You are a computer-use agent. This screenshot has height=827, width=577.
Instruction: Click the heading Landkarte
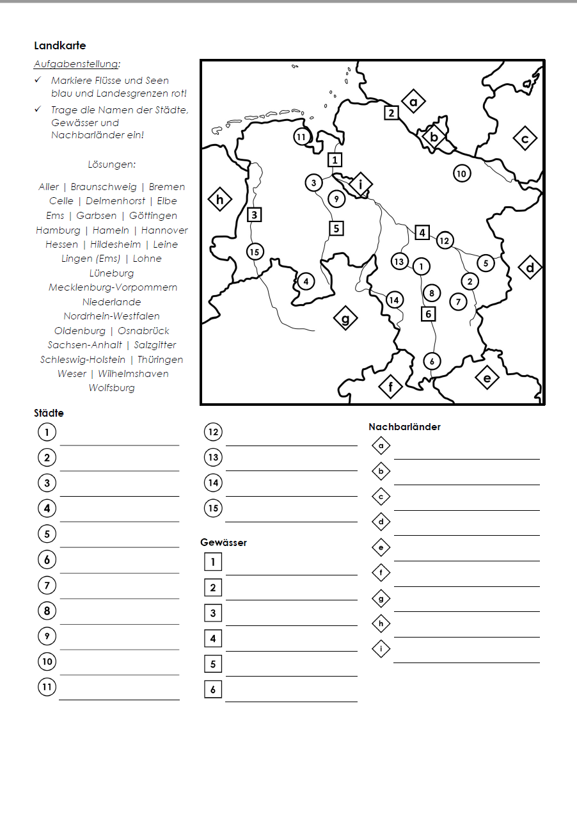(x=59, y=46)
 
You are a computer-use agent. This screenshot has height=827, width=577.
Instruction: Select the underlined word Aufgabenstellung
(x=76, y=64)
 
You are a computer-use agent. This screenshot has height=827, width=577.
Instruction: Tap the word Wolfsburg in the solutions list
(x=112, y=388)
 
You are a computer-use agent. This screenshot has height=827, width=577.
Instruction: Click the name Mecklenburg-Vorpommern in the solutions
(x=113, y=287)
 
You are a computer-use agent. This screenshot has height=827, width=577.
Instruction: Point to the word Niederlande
(x=112, y=301)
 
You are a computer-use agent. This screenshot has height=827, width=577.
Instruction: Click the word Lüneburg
(x=112, y=273)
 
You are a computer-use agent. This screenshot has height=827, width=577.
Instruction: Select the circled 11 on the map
(x=301, y=136)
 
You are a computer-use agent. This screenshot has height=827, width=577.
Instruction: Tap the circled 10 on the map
(x=461, y=173)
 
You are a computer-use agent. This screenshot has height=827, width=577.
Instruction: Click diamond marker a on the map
(x=413, y=101)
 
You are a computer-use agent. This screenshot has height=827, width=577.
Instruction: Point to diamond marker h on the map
(x=219, y=200)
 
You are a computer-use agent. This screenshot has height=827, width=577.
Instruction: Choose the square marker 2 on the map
(x=391, y=113)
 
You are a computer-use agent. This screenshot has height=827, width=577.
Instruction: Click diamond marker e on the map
(x=487, y=378)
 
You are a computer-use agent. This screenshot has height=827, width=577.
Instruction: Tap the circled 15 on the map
(x=255, y=252)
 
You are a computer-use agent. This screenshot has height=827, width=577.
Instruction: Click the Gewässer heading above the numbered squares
(x=223, y=543)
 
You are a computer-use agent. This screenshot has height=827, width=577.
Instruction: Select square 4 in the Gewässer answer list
(x=213, y=638)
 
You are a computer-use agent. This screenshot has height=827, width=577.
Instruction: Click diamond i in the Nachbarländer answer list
(x=381, y=649)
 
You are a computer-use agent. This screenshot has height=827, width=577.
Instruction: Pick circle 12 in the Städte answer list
(x=213, y=432)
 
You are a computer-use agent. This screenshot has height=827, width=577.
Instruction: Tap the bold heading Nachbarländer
(x=404, y=427)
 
